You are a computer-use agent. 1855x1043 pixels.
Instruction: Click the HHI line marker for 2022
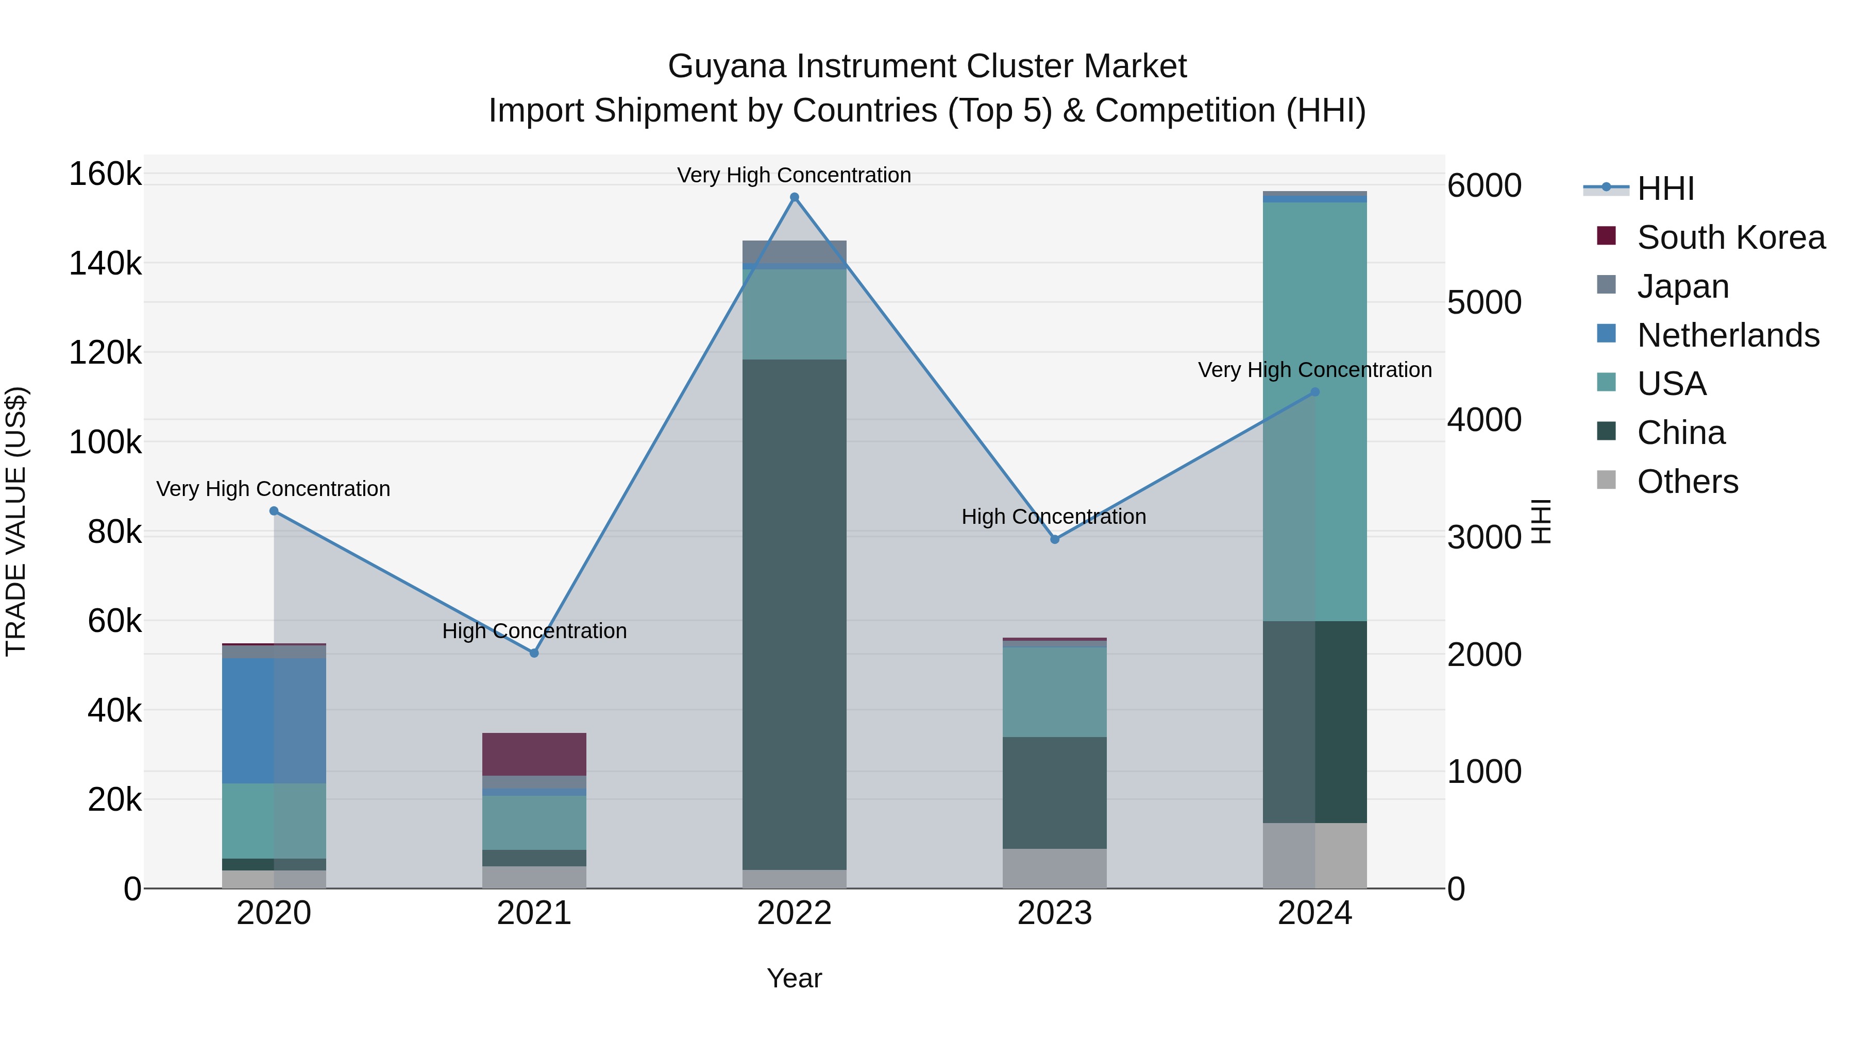794,197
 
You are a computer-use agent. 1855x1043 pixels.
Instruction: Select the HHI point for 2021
534,653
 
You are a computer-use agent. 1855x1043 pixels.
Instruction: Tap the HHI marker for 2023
1055,539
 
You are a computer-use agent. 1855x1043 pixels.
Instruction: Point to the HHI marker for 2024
1315,391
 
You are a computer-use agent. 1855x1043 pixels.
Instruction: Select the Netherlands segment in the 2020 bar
274,721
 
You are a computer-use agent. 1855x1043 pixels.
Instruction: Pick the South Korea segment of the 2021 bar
534,754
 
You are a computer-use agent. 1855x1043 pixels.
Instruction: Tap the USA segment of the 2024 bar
1315,411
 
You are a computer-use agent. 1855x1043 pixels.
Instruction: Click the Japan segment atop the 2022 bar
794,251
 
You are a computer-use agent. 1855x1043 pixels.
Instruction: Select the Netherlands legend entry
1728,335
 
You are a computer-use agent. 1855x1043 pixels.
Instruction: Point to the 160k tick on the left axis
105,174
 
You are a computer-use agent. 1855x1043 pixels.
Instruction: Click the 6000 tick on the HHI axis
1484,186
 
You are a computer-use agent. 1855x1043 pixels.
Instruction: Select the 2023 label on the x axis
1055,913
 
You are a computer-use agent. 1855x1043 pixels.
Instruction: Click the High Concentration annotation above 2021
534,630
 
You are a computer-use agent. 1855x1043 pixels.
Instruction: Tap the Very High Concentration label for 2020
273,489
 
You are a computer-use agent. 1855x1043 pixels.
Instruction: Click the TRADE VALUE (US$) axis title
16,521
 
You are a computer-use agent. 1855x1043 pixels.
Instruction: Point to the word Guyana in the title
728,66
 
